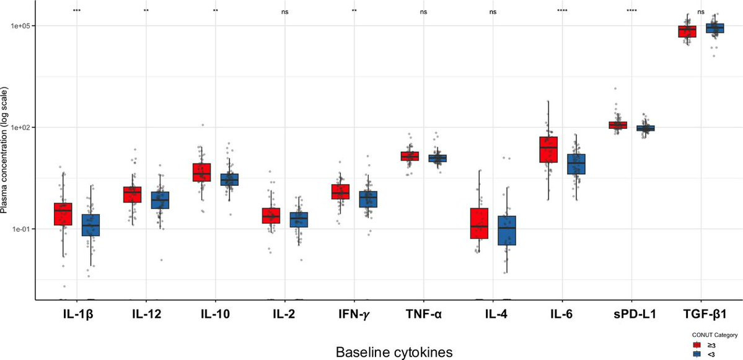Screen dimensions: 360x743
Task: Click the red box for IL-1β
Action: click(x=63, y=214)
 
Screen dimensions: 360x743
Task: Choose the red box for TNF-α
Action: click(x=410, y=156)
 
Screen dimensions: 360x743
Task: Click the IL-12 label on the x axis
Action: click(x=146, y=314)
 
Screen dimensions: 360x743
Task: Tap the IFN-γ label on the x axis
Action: click(x=354, y=314)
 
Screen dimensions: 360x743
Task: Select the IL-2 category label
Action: click(x=284, y=314)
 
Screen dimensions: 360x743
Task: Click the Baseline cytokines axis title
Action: click(x=393, y=351)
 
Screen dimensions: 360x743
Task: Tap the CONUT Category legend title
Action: click(x=715, y=335)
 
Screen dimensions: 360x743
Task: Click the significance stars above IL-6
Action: click(x=562, y=11)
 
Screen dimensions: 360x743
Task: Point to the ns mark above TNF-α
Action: click(x=423, y=12)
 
